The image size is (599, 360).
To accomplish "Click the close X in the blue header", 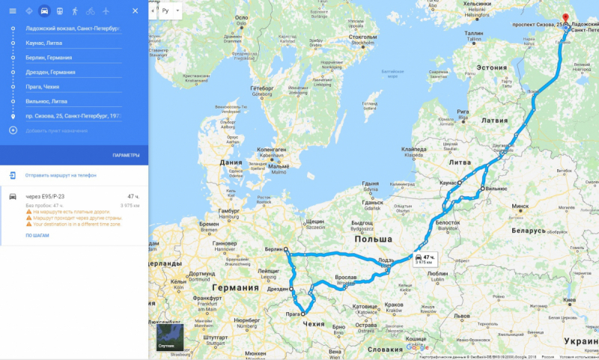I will [x=135, y=11].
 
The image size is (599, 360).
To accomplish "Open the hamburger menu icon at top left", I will [x=13, y=11].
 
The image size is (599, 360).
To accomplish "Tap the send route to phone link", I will [x=60, y=175].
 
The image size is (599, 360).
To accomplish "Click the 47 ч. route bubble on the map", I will [x=425, y=259].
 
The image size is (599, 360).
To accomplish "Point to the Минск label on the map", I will [x=520, y=206].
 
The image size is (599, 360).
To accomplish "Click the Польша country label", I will [x=374, y=239].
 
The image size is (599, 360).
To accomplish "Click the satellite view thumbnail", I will [x=170, y=338].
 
